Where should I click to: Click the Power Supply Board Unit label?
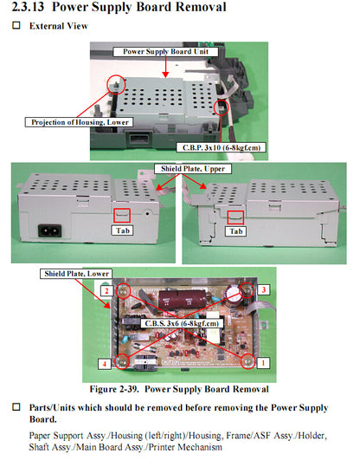pyautogui.click(x=165, y=51)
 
